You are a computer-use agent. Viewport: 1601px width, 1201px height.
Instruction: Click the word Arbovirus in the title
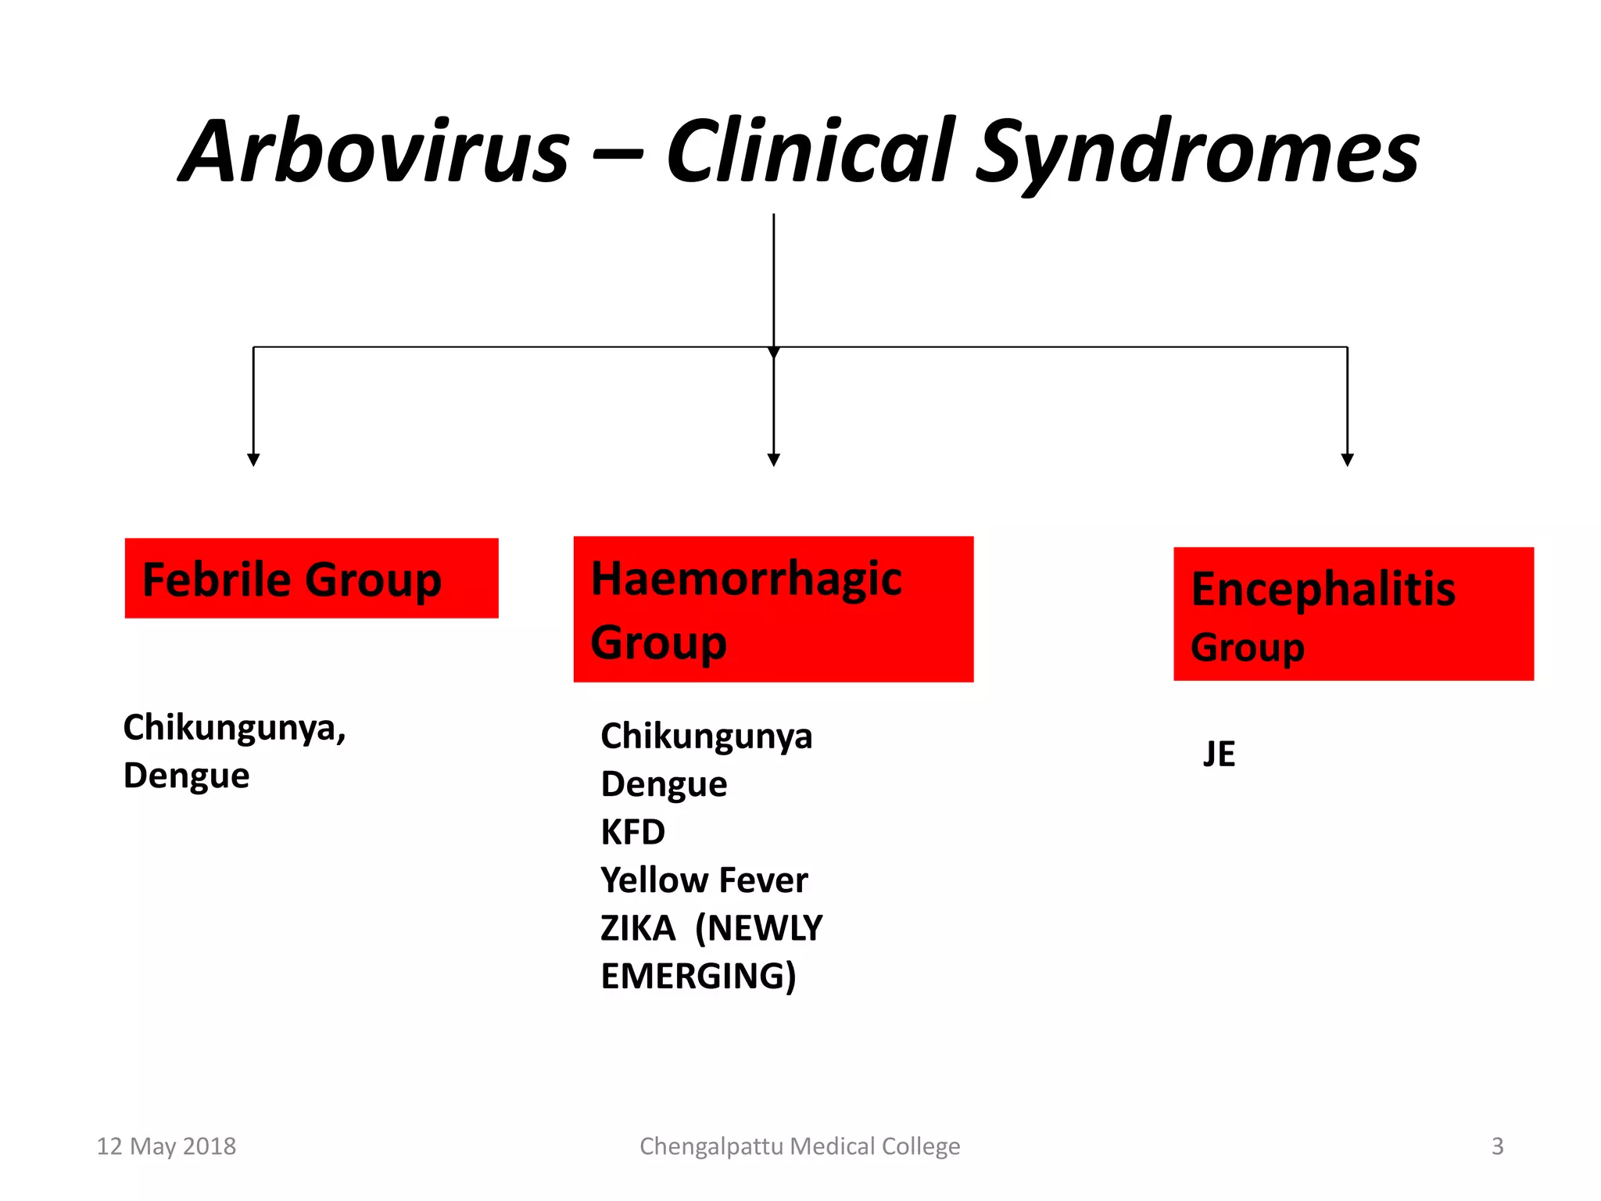(x=375, y=152)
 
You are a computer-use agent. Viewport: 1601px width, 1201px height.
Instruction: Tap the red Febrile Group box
(x=311, y=579)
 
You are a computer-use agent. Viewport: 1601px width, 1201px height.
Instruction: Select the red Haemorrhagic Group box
(x=773, y=609)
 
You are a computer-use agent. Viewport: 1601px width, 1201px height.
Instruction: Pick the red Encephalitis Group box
(x=1353, y=614)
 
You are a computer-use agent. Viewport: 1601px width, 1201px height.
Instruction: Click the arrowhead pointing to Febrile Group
(x=253, y=460)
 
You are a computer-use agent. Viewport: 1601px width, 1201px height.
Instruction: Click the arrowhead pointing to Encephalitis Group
(x=1347, y=460)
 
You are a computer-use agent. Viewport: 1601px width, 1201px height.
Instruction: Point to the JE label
(x=1219, y=755)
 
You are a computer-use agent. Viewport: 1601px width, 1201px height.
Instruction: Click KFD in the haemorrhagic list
(x=632, y=832)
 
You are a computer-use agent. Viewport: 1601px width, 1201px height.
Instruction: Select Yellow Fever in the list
(x=704, y=880)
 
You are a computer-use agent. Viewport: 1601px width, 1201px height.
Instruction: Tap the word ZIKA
(x=637, y=928)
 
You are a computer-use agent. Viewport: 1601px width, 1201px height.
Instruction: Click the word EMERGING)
(x=698, y=977)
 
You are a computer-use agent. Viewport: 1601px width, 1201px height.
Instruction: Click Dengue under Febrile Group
(x=186, y=776)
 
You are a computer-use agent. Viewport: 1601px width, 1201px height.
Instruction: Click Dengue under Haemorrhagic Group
(x=664, y=784)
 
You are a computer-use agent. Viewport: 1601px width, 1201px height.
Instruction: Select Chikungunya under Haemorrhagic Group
(x=706, y=737)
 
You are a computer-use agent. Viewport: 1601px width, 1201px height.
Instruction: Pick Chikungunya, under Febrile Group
(x=234, y=728)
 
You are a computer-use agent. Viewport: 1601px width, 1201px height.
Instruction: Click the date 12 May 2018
(x=166, y=1146)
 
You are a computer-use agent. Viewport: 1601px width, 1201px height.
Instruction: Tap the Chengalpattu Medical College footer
(x=800, y=1146)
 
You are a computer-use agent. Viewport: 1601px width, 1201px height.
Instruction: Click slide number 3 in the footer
(x=1497, y=1146)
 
